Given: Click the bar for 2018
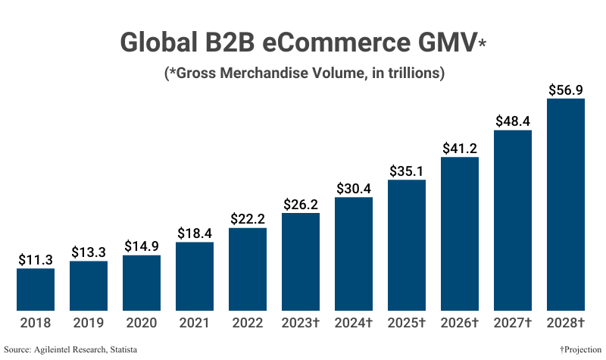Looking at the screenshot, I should (x=36, y=290).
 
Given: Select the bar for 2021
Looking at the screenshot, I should (x=195, y=277).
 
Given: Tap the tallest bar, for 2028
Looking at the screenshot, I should (x=566, y=205).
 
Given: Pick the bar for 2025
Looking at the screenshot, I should (x=407, y=245).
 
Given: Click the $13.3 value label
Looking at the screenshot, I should (x=89, y=252).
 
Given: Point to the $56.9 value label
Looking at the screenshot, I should (x=566, y=89).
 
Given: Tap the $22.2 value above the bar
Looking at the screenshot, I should (x=248, y=218).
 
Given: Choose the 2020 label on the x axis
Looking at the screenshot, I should (x=142, y=323).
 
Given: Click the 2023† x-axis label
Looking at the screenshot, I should (x=301, y=323).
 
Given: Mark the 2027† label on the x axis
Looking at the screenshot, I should (x=513, y=323).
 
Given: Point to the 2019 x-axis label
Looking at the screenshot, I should (x=89, y=323).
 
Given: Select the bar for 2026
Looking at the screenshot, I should (x=460, y=233).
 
